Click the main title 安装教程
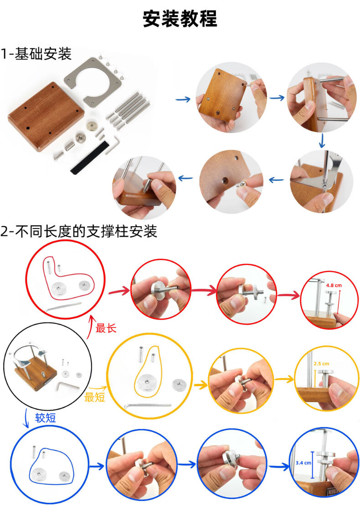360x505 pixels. click(x=180, y=18)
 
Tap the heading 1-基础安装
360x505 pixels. click(x=36, y=53)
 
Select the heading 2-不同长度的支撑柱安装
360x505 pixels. click(x=79, y=231)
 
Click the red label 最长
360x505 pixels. click(x=106, y=328)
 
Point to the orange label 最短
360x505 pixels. click(x=95, y=397)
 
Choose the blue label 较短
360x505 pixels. click(x=46, y=418)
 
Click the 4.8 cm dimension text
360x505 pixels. click(x=334, y=286)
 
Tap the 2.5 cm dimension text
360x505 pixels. click(x=321, y=364)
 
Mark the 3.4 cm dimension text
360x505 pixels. click(x=303, y=463)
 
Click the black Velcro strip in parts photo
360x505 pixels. click(x=88, y=157)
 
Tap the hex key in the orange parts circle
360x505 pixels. click(x=147, y=405)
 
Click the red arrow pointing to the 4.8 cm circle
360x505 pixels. click(x=288, y=295)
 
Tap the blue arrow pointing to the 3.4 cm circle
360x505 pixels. click(x=279, y=466)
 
